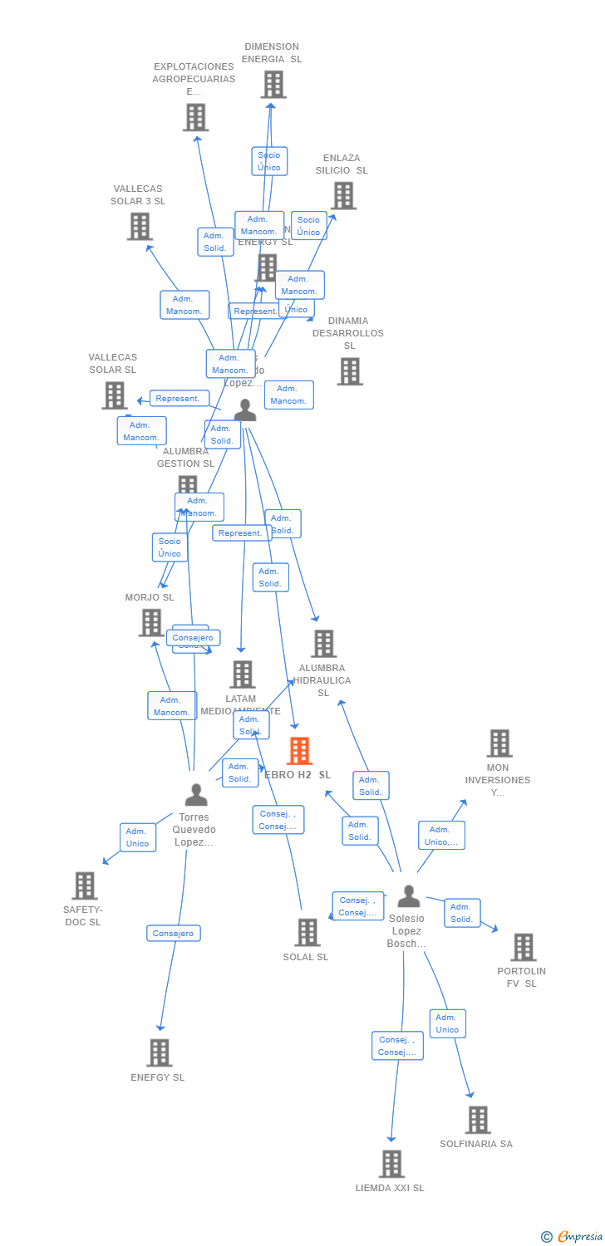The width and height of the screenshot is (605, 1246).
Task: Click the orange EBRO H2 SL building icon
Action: [299, 751]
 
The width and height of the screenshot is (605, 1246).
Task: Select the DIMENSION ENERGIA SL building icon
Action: [273, 85]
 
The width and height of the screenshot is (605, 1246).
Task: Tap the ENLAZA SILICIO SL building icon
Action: [343, 196]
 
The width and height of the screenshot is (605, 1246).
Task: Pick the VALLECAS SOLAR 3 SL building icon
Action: [140, 226]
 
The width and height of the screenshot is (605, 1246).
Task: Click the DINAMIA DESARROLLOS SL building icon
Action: [350, 371]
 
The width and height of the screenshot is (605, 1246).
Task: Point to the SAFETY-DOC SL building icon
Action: [85, 885]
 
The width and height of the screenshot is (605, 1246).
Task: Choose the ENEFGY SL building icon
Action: [159, 1052]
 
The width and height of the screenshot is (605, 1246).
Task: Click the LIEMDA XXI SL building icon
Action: [391, 1164]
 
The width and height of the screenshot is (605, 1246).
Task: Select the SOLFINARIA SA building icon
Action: [478, 1120]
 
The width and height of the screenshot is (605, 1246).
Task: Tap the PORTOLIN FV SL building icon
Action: [523, 947]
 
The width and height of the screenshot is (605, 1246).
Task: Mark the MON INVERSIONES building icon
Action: [499, 743]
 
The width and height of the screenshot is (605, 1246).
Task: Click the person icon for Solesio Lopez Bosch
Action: [408, 896]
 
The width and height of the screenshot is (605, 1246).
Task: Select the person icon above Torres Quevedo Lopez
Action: [196, 795]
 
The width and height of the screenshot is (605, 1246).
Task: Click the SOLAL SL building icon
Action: [307, 932]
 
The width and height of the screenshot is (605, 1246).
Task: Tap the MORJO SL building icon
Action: [151, 622]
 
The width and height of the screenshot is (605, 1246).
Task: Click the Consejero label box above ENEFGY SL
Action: [174, 934]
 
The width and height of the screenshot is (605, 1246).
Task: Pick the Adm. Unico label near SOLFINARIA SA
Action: [447, 1023]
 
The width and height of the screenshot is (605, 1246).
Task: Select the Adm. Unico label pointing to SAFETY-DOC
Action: [137, 837]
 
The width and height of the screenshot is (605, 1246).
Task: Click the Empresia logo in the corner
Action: [571, 1237]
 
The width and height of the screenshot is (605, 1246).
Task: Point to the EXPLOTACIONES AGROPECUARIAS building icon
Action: [195, 118]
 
